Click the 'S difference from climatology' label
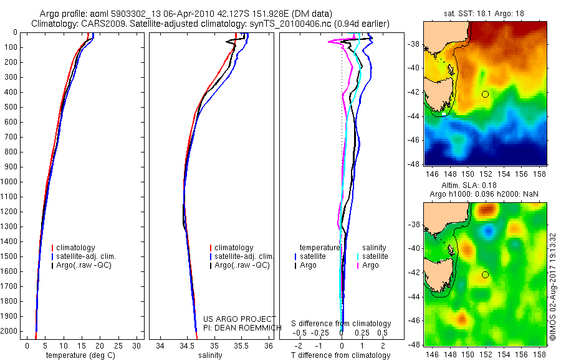341,324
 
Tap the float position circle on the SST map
485,94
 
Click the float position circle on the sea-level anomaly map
485,274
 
